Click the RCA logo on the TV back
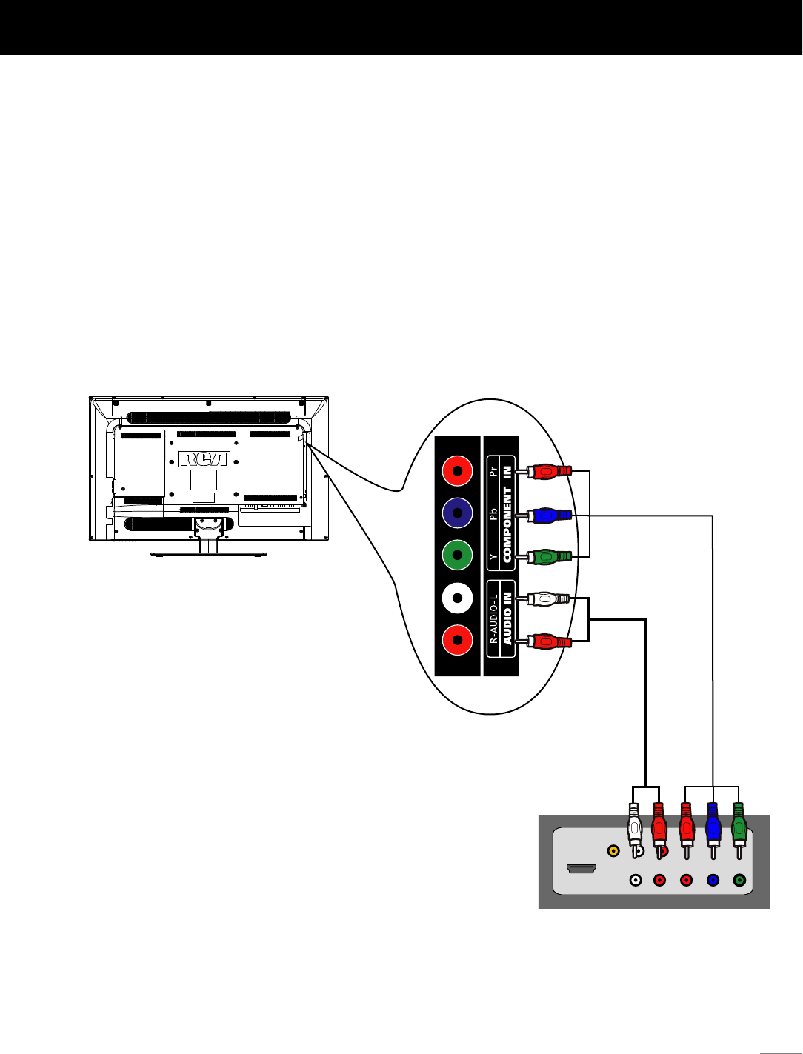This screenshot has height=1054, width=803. point(204,459)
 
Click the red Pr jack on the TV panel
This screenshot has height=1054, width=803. point(457,471)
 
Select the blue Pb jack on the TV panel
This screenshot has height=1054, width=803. point(457,513)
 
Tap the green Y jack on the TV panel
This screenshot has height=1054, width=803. point(457,555)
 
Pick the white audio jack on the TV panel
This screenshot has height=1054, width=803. point(457,598)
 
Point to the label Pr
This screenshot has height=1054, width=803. point(493,471)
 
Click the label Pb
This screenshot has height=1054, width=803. point(493,514)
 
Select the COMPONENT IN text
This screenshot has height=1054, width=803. point(507,513)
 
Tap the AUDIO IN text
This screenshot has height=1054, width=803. point(507,619)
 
